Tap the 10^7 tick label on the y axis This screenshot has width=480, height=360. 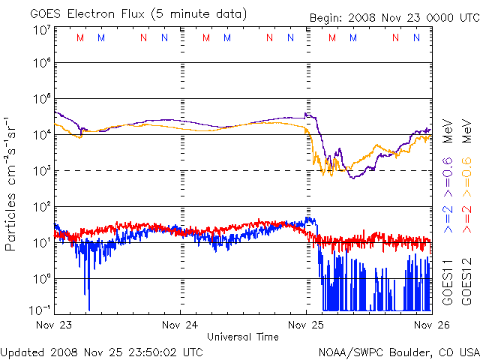(41, 31)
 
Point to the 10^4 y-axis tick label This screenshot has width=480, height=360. (41, 135)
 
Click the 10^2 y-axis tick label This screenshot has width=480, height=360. (41, 207)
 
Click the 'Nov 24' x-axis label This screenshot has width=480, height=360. (180, 325)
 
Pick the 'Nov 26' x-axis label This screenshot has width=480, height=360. (432, 325)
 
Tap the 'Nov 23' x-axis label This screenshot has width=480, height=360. (54, 325)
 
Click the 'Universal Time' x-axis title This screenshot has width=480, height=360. (242, 337)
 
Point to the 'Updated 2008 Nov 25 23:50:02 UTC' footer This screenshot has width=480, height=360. (102, 351)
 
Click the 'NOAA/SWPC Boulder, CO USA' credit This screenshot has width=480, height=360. (398, 351)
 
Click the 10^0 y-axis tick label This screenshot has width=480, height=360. (41, 278)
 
